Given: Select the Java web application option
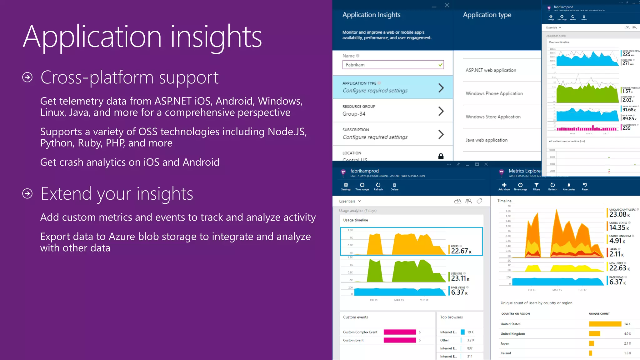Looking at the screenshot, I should point(486,140).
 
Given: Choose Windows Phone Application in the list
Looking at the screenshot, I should point(494,93).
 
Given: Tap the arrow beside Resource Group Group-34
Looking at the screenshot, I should point(441,111).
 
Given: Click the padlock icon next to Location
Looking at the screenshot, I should point(441,156).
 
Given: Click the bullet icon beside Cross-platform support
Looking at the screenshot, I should point(27,77).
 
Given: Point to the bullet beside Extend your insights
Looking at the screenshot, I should point(27,193).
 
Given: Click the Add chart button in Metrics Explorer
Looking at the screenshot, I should point(504,186).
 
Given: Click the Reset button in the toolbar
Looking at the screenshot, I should point(585,186).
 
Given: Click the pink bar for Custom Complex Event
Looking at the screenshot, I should point(400,332).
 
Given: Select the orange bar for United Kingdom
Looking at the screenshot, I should point(594,334).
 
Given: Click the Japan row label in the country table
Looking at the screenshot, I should point(505,343).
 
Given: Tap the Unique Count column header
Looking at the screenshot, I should point(599,314).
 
